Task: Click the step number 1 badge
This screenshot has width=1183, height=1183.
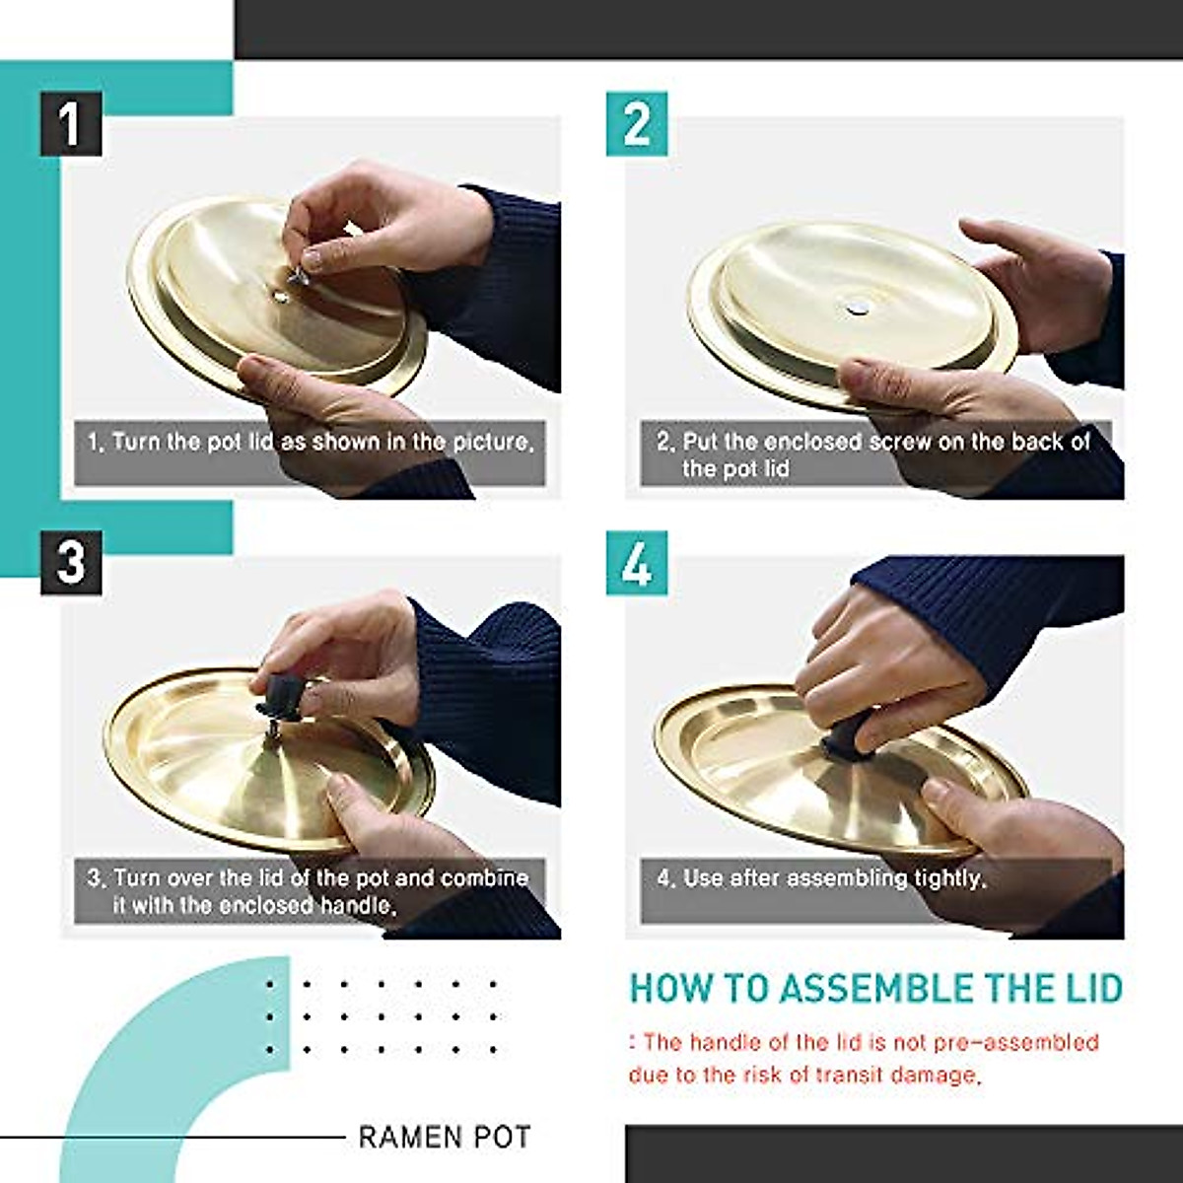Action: [71, 123]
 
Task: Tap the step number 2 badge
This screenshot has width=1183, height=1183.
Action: [637, 123]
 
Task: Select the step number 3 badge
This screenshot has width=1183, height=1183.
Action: [71, 563]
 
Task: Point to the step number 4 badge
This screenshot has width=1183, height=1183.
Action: [637, 563]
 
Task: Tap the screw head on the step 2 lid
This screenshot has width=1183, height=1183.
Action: [854, 307]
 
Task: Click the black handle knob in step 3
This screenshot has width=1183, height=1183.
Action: [281, 694]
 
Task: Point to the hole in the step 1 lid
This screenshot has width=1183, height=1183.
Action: [281, 298]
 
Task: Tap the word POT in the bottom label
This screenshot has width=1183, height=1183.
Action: [502, 1137]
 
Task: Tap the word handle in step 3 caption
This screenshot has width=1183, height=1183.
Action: [358, 906]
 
